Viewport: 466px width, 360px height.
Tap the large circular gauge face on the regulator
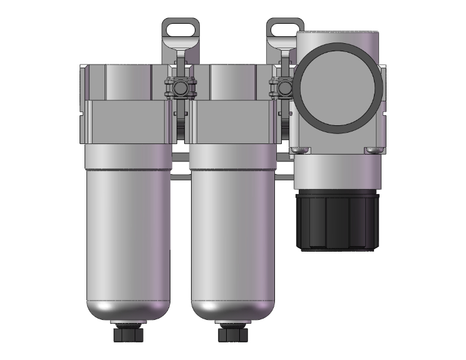point(338,88)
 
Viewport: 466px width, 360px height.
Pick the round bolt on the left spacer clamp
point(180,88)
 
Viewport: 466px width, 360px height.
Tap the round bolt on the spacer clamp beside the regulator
point(286,88)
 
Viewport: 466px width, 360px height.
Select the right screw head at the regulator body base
point(374,150)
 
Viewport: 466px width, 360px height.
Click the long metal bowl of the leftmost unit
point(127,238)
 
